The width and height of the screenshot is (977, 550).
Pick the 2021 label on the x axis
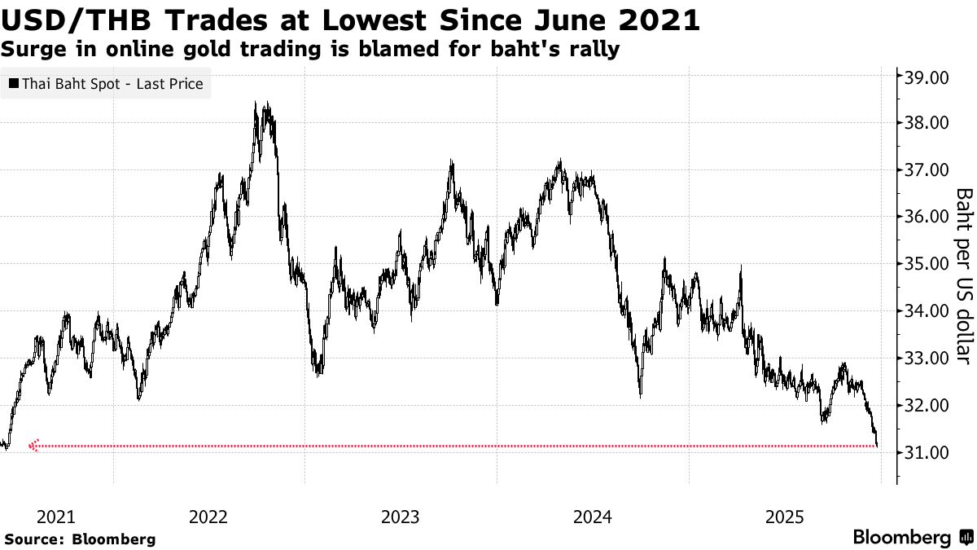coord(56,517)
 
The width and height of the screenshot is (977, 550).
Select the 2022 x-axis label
coord(208,517)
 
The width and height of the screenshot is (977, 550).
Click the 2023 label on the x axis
coord(400,517)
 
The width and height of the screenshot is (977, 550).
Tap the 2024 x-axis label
coord(592,517)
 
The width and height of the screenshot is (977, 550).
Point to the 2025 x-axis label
coord(785,517)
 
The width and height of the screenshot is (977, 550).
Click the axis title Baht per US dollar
coord(963,275)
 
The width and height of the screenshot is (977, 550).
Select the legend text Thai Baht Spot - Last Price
coord(112,83)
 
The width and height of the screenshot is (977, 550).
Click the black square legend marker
coord(12,83)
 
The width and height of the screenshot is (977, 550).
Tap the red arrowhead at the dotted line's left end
coord(33,446)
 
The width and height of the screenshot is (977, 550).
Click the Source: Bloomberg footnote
coord(80,539)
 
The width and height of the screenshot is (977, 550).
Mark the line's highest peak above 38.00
coord(256,103)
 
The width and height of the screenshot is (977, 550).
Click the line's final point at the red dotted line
coord(877,445)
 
